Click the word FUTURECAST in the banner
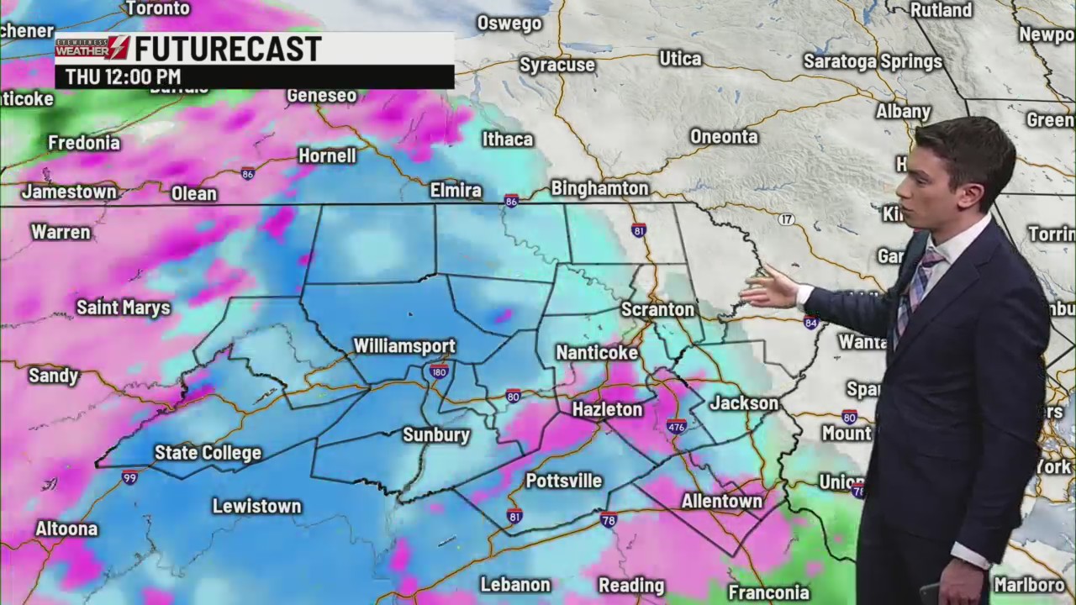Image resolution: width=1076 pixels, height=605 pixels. (x=228, y=49)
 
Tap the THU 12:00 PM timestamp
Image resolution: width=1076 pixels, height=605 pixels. (x=123, y=76)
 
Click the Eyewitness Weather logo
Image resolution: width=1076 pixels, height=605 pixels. (x=92, y=49)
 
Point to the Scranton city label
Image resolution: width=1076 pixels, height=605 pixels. (x=657, y=310)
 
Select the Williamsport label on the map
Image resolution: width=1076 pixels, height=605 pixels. (x=404, y=346)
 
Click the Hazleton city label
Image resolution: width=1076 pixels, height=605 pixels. (x=607, y=409)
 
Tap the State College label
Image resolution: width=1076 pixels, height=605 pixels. (x=208, y=453)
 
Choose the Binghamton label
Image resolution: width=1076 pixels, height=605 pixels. (x=599, y=188)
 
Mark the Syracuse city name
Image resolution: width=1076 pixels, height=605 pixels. (x=556, y=65)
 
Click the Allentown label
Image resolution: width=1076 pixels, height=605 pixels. (x=721, y=501)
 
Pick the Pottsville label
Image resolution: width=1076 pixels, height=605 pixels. (x=563, y=481)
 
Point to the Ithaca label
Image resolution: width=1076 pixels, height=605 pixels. (x=507, y=139)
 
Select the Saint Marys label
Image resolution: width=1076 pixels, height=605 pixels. (x=124, y=308)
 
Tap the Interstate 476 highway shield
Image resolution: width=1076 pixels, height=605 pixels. (x=676, y=426)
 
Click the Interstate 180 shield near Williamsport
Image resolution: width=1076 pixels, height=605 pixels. (x=438, y=371)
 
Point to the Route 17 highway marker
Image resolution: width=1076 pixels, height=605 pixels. (x=786, y=219)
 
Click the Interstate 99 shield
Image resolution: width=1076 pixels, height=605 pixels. (x=129, y=477)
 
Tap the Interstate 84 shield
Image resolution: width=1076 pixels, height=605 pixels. (x=810, y=323)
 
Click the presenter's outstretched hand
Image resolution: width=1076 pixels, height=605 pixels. (x=769, y=290)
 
